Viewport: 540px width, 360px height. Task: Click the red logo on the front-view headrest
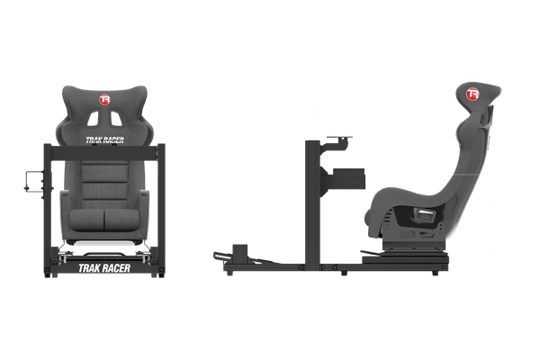(106, 99)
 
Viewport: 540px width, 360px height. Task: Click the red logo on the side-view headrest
(472, 91)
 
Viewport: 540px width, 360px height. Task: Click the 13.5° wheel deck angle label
(345, 130)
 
